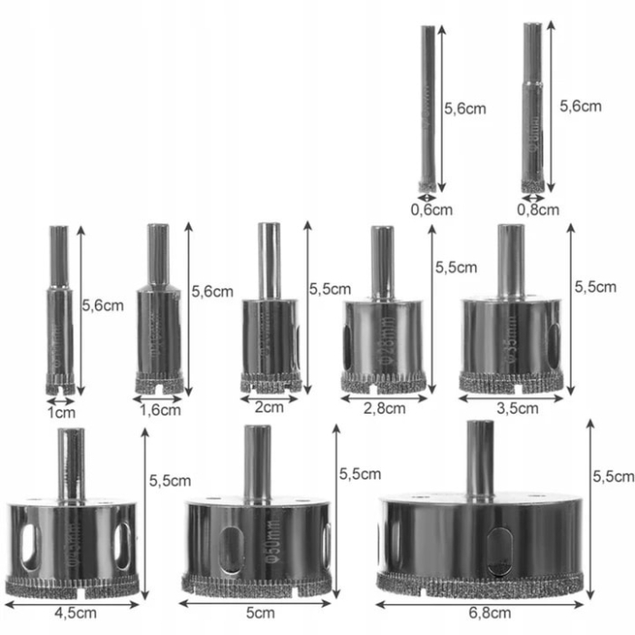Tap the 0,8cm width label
pyautogui.click(x=538, y=210)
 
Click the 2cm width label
pyautogui.click(x=269, y=407)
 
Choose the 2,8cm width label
pyautogui.click(x=385, y=408)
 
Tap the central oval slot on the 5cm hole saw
pyautogui.click(x=230, y=548)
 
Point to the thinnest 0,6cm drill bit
pyautogui.click(x=427, y=109)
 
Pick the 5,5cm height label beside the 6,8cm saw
pyautogui.click(x=612, y=475)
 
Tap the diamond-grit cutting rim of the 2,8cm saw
pyautogui.click(x=383, y=381)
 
